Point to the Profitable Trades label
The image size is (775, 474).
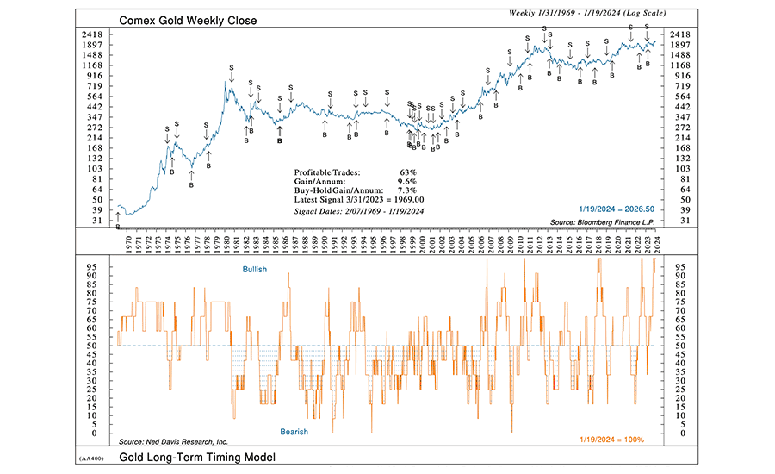coord(328,172)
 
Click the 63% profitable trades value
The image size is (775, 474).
coord(408,172)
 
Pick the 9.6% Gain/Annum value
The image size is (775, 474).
coord(406,182)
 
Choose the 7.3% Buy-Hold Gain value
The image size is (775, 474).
coord(406,191)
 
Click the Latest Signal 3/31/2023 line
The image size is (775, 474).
coord(361,200)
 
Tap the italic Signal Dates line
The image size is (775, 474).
coord(361,211)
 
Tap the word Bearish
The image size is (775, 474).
coord(294,431)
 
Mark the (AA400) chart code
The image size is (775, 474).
coord(91,457)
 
